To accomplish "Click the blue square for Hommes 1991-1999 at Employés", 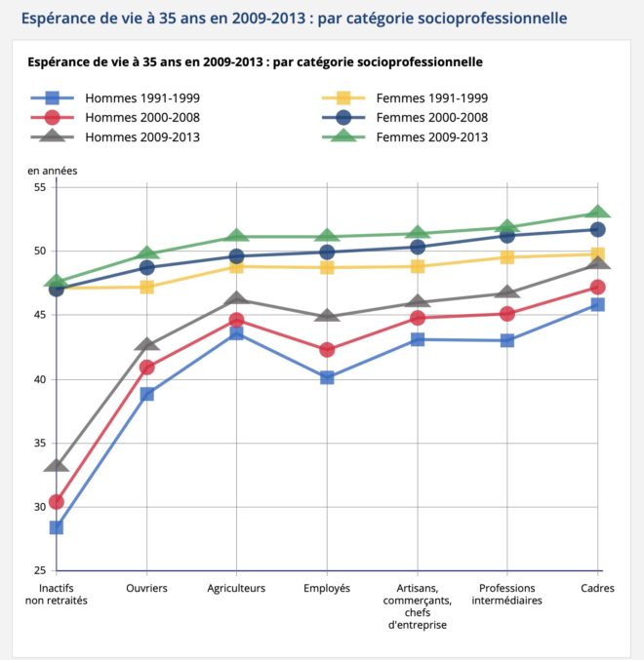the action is pos(327,377).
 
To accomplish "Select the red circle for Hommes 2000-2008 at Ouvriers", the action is pos(146,368).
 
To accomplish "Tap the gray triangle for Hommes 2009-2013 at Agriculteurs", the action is pos(236,298).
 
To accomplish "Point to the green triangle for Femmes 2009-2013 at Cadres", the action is pos(597,213).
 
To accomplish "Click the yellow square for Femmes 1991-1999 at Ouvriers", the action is pos(146,288).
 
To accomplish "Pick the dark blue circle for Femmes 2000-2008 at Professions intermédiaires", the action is pos(507,235).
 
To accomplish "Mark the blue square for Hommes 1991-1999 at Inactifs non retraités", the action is pos(57,527).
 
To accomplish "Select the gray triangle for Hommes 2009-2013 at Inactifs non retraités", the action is pos(57,465).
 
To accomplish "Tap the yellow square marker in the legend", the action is pos(343,98).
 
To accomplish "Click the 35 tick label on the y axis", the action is pos(40,443).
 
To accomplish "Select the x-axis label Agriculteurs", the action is pos(236,588).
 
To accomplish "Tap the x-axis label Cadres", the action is pos(597,588).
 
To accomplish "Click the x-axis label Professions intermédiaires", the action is pos(506,594).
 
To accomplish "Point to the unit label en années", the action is pos(53,171).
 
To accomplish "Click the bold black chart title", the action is pos(255,61).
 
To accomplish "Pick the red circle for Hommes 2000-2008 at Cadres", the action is pos(597,288).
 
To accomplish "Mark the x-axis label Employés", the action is pos(327,588).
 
